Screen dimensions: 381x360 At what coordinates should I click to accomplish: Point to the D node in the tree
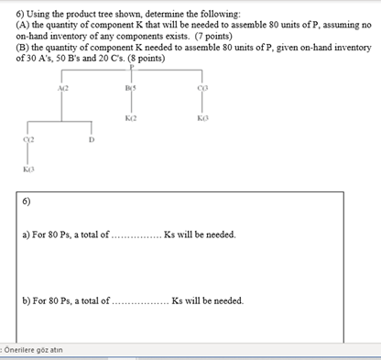91,140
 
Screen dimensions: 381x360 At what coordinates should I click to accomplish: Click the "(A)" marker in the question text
13,25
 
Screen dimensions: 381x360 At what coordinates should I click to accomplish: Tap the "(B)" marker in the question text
13,47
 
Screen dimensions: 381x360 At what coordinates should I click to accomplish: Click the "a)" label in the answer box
25,235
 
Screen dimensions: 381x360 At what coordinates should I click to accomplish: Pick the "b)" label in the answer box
25,300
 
